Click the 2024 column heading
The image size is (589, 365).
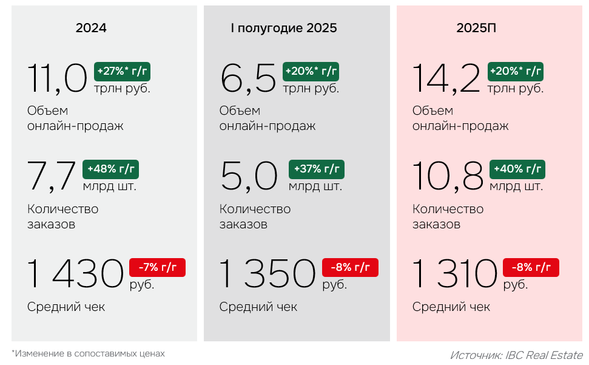click(91, 28)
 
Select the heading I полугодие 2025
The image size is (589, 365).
click(284, 28)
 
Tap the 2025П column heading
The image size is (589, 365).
click(477, 28)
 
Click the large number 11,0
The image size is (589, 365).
click(58, 79)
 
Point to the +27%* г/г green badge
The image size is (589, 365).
click(122, 72)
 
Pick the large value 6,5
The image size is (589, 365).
click(248, 79)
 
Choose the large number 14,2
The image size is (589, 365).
click(446, 79)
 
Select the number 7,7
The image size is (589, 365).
click(52, 177)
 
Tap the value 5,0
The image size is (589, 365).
click(249, 177)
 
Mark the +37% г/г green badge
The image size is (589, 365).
click(316, 169)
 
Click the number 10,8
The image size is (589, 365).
click(448, 177)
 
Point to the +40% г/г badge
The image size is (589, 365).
click(517, 169)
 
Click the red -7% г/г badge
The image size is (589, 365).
click(157, 267)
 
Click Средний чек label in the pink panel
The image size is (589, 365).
click(451, 307)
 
